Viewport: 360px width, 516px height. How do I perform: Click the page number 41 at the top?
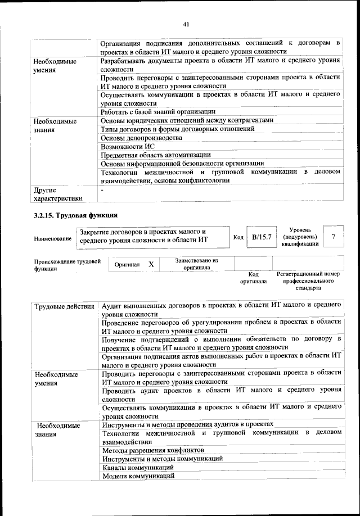(186, 24)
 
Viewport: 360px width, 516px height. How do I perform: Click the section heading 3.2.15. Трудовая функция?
(75, 215)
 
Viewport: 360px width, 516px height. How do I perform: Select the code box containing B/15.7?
(262, 237)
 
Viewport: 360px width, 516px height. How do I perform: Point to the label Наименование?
(53, 239)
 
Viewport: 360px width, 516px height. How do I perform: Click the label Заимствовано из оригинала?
(196, 264)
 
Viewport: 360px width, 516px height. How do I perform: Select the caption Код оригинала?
(253, 278)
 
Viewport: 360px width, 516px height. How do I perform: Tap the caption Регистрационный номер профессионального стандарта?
(308, 281)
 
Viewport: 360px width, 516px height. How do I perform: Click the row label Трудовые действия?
(65, 306)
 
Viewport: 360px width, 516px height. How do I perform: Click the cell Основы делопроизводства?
(141, 138)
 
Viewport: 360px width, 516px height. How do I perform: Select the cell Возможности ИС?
(128, 146)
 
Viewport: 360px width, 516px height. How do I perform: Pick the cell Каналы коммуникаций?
(138, 467)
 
